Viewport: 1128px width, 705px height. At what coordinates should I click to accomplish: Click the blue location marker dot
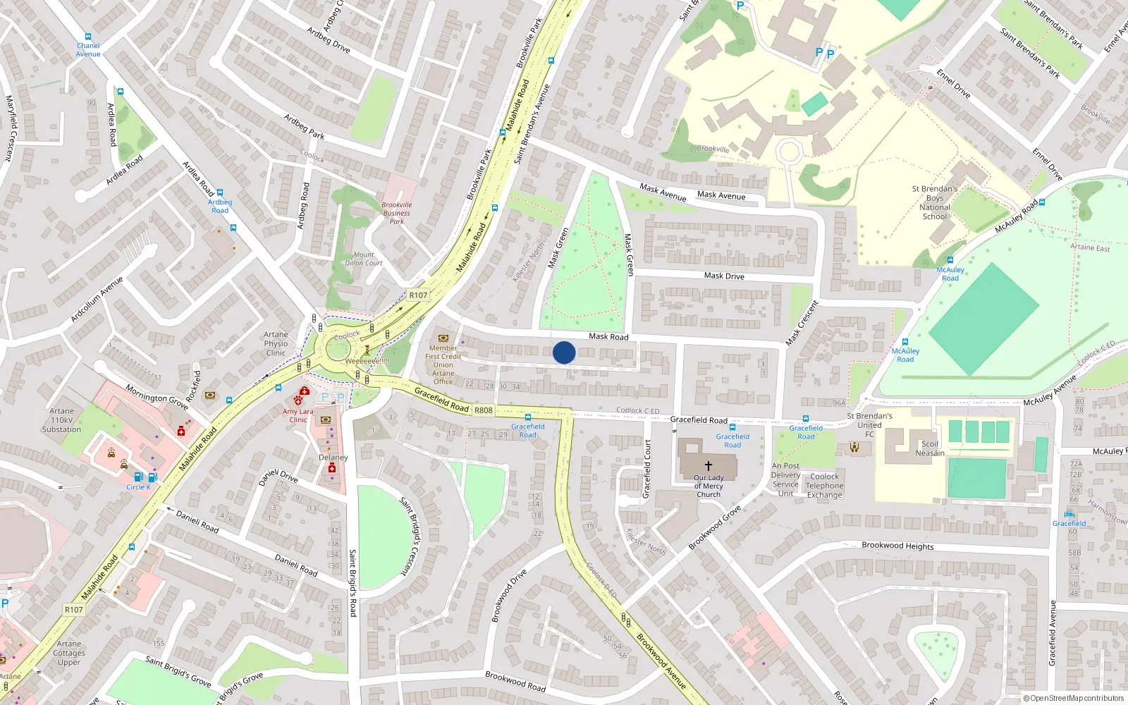(x=564, y=352)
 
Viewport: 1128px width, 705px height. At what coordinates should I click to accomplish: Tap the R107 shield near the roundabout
(x=418, y=295)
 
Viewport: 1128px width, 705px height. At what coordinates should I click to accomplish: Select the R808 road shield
(x=484, y=410)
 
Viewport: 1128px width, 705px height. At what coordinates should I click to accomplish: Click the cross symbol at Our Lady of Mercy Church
(x=709, y=465)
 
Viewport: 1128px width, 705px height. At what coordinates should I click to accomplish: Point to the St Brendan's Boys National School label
(x=935, y=203)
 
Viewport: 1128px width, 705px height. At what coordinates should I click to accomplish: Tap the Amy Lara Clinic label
(x=298, y=415)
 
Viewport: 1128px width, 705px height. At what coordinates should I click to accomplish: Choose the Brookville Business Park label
(x=397, y=213)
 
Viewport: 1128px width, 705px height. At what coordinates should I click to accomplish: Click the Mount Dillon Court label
(x=364, y=259)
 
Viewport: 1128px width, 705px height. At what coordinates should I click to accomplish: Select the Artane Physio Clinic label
(x=276, y=344)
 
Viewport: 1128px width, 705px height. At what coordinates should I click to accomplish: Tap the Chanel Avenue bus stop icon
(x=88, y=37)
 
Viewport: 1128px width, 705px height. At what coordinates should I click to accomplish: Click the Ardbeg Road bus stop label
(x=220, y=206)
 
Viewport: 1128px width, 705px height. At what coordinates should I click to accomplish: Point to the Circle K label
(x=138, y=487)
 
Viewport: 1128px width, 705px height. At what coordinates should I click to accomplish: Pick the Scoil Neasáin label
(x=930, y=449)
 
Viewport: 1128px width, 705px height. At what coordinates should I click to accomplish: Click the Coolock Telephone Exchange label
(x=824, y=486)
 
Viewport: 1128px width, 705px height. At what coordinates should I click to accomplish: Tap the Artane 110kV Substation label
(x=61, y=420)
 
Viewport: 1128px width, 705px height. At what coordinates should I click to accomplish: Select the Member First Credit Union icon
(x=443, y=338)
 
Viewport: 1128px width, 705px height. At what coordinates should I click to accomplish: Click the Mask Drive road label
(x=724, y=276)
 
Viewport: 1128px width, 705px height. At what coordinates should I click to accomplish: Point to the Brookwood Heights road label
(x=897, y=546)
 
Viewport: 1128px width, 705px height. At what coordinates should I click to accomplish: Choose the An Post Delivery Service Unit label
(x=785, y=479)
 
